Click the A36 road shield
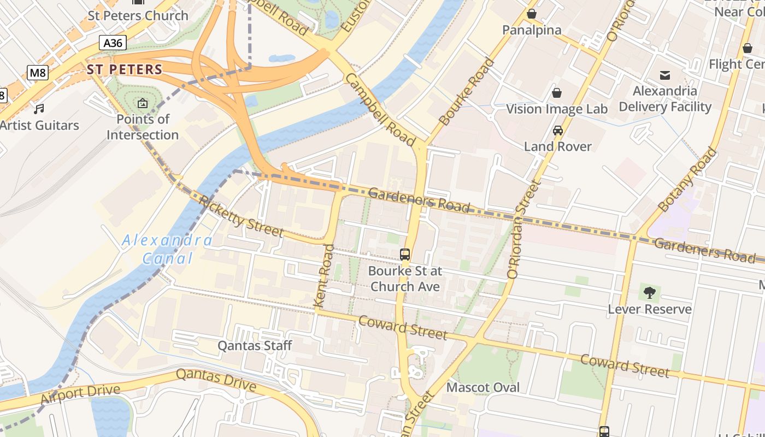coord(113,43)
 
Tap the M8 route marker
coord(37,72)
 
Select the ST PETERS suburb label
coord(125,69)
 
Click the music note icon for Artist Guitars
coord(39,109)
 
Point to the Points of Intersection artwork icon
coord(142,103)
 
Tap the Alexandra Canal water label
coord(168,249)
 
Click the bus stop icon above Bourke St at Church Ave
coord(405,254)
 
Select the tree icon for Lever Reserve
coord(649,293)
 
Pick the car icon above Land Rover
coord(557,130)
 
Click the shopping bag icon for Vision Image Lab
coord(556,93)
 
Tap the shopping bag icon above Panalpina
coord(531,14)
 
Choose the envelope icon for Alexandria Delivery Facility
coord(665,75)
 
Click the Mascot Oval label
coord(483,387)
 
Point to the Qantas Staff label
coord(255,345)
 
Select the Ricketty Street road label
coord(241,216)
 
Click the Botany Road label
coord(687,180)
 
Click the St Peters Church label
coord(138,15)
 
